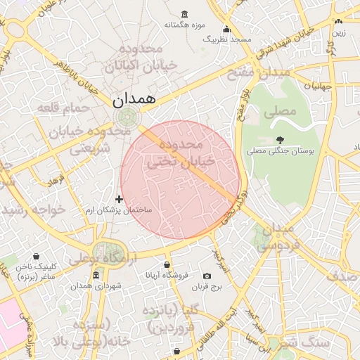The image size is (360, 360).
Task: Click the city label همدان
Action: coord(132,100)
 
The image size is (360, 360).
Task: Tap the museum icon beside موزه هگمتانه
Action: coord(184,14)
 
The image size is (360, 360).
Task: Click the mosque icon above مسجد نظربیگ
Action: coord(226,29)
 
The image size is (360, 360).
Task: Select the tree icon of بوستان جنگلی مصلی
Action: coord(281,140)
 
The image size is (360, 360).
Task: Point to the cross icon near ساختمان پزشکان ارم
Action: coord(119,200)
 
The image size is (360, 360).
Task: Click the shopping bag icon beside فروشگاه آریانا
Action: coord(167,265)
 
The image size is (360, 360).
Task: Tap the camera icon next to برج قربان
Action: coord(207,276)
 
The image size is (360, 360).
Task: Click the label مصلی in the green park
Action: coord(279,111)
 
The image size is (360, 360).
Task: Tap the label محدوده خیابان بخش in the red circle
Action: coord(179,153)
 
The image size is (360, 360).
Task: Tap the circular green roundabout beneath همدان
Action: coord(128,117)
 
